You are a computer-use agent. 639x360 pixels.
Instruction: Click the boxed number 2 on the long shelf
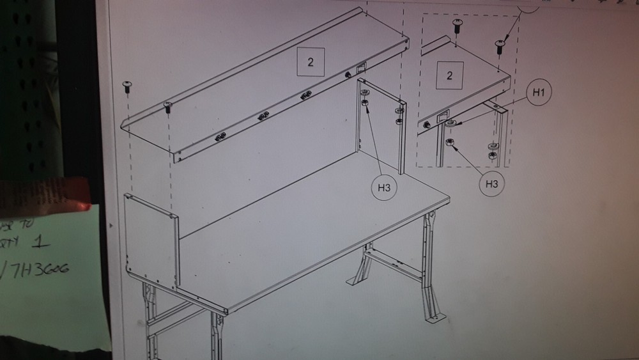point(310,62)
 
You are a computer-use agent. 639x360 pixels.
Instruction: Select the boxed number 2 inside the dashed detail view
point(449,75)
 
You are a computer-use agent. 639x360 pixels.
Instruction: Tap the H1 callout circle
point(539,93)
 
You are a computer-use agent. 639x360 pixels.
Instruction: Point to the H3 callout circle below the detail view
point(491,184)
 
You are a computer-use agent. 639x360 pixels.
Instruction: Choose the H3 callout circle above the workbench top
point(383,187)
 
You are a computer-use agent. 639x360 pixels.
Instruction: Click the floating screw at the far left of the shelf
point(127,85)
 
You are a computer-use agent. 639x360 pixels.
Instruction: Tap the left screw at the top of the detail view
point(458,25)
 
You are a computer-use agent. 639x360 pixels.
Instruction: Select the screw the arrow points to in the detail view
point(500,45)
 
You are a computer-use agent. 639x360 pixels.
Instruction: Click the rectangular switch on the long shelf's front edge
point(360,67)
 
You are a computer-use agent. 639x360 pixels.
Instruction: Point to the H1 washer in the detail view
point(450,123)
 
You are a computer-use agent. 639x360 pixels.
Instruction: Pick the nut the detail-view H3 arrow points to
point(449,142)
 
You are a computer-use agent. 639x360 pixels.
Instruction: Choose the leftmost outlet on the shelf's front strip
point(220,136)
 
